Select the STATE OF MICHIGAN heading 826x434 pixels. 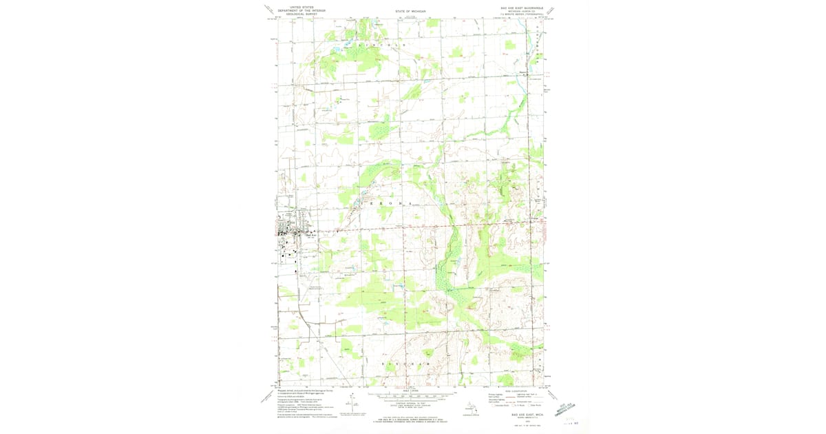point(411,12)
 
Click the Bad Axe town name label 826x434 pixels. point(310,235)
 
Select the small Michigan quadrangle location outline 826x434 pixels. point(472,408)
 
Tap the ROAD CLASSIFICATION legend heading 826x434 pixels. point(513,390)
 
